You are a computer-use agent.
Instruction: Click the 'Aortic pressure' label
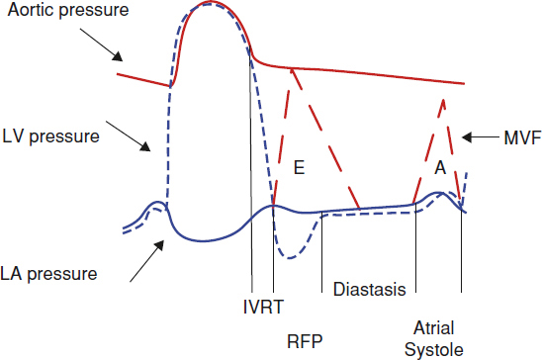pyautogui.click(x=68, y=10)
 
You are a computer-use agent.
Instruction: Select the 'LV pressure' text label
pyautogui.click(x=50, y=136)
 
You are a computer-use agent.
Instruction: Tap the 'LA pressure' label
pyautogui.click(x=48, y=274)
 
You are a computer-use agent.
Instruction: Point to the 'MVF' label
pyautogui.click(x=522, y=138)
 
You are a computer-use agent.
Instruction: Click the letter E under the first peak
pyautogui.click(x=299, y=168)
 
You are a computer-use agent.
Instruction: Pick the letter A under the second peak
pyautogui.click(x=440, y=168)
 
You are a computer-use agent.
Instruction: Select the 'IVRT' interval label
pyautogui.click(x=263, y=307)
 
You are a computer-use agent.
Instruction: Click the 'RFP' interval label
pyautogui.click(x=305, y=341)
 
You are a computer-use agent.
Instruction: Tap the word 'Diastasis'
pyautogui.click(x=369, y=289)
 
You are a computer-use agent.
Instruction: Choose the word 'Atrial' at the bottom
pyautogui.click(x=434, y=328)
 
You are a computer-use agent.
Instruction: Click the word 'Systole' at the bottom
pyautogui.click(x=434, y=350)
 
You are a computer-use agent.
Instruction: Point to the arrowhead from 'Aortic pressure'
pyautogui.click(x=118, y=56)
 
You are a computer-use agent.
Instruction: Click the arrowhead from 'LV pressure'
pyautogui.click(x=145, y=147)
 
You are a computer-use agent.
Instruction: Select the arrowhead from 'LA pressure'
pyautogui.click(x=159, y=245)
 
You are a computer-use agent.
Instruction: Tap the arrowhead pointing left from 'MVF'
pyautogui.click(x=467, y=137)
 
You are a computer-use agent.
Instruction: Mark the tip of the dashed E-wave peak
pyautogui.click(x=293, y=69)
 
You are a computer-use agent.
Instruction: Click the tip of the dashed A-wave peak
pyautogui.click(x=443, y=100)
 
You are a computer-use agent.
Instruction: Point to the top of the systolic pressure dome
pyautogui.click(x=210, y=2)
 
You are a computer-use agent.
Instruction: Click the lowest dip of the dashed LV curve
pyautogui.click(x=290, y=258)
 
